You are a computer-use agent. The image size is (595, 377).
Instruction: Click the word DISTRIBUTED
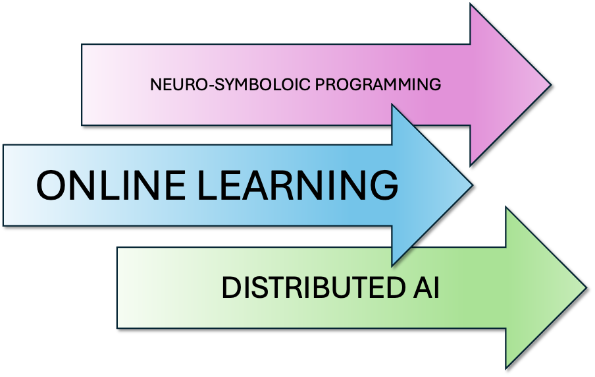pos(309,289)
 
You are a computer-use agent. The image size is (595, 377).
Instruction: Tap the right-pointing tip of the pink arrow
pos(550,84)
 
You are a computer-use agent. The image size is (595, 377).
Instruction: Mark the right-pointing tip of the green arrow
pos(585,288)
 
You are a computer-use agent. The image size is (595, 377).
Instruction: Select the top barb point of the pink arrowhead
pos(472,5)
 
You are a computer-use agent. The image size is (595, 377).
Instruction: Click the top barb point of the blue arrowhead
pos(392,104)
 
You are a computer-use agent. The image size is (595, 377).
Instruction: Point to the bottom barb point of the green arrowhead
pos(507,367)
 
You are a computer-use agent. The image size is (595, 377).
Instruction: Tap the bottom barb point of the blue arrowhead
pos(392,265)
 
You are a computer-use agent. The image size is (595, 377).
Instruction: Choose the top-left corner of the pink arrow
pos(82,45)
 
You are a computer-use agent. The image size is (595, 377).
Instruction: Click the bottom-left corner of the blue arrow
pos(3,225)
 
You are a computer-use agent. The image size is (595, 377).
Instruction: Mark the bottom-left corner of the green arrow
pos(117,328)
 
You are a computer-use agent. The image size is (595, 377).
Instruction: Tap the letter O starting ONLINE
pos(51,185)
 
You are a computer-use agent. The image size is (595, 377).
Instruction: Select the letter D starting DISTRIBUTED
pos(229,289)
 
